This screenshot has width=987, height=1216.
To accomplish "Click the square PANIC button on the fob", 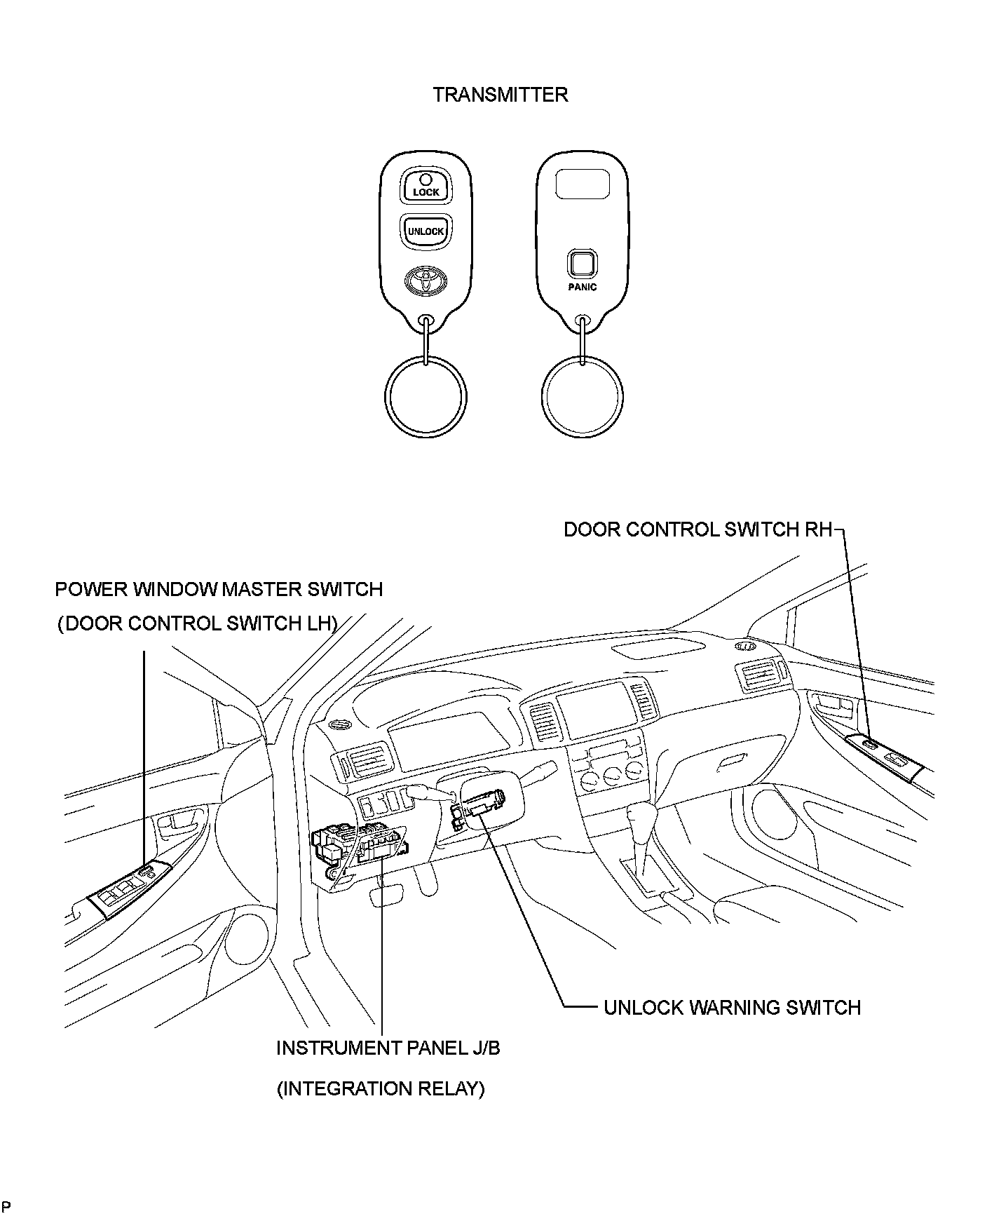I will (582, 264).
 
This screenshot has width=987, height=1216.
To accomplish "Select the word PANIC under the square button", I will (582, 288).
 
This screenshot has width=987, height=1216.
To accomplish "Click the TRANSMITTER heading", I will (500, 95).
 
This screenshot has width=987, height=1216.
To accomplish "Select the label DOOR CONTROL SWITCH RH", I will (697, 529).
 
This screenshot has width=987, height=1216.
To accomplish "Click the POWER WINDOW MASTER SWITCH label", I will (219, 589).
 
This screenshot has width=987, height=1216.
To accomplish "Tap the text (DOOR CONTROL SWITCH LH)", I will (198, 623).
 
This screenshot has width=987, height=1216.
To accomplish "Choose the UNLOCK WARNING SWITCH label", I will (732, 1008).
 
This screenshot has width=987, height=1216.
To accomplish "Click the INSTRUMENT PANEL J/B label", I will (388, 1048).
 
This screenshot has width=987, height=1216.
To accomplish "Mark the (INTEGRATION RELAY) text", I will (381, 1088).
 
